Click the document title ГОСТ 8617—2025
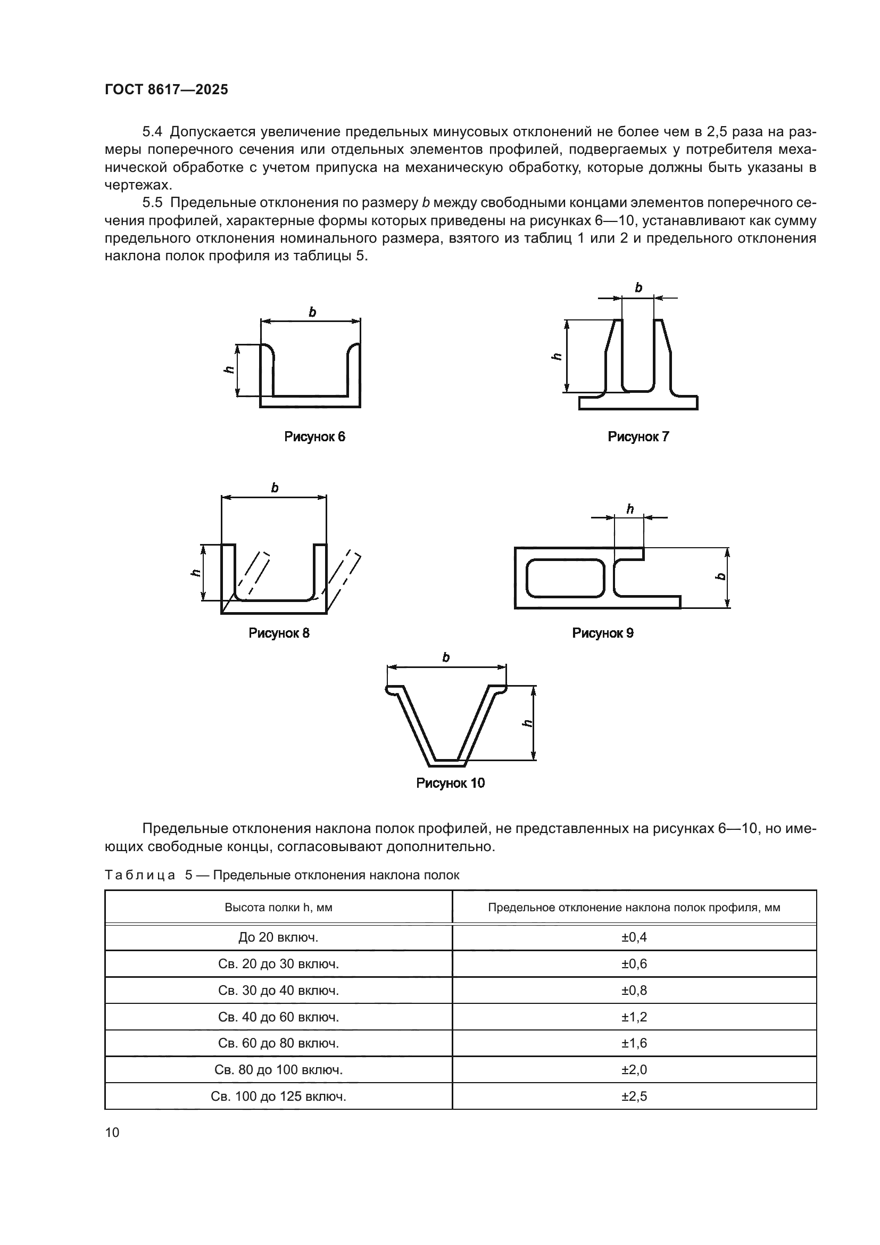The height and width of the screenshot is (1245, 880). point(167,90)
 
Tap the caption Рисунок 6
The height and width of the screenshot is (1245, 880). point(314,436)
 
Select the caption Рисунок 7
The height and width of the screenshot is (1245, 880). point(638,436)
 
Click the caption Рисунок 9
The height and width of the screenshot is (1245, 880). point(603,633)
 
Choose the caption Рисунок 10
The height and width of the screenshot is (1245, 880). point(450,783)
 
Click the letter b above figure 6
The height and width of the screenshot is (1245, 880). point(312,312)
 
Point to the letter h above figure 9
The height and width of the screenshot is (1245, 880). point(629,509)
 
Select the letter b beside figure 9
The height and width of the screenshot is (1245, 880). point(721,576)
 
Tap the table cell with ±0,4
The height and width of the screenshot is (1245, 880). point(634,937)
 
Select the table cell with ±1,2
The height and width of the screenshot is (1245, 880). point(634,1017)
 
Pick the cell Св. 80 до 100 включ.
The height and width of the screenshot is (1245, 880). point(278,1070)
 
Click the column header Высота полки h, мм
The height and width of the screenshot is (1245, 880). point(278,908)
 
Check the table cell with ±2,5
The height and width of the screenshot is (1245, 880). point(634,1096)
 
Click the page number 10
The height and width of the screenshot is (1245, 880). point(112,1132)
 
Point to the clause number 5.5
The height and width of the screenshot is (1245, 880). point(152,203)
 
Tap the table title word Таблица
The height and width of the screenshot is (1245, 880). point(140,875)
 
